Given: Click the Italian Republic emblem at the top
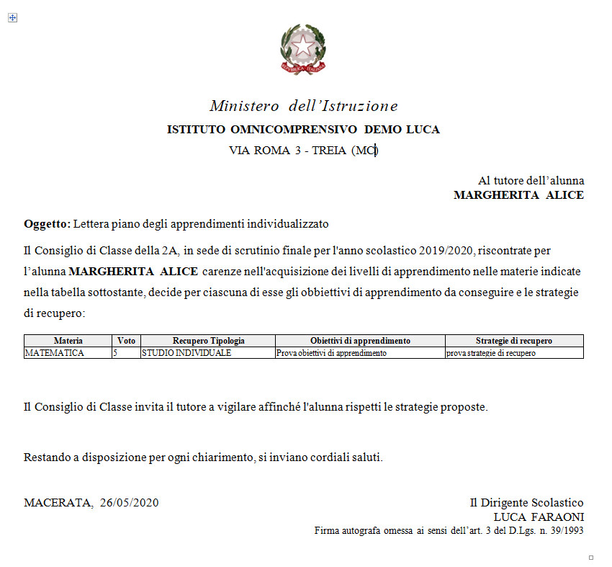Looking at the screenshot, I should pyautogui.click(x=303, y=49).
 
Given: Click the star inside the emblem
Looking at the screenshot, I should pyautogui.click(x=303, y=46).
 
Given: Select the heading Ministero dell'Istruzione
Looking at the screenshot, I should pyautogui.click(x=303, y=106).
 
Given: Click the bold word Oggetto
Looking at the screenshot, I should pyautogui.click(x=46, y=224).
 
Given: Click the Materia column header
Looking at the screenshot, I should pyautogui.click(x=68, y=341).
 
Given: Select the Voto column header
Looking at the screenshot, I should pyautogui.click(x=126, y=341).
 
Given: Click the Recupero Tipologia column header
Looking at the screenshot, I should pyautogui.click(x=208, y=341).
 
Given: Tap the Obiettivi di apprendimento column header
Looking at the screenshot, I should pyautogui.click(x=360, y=341).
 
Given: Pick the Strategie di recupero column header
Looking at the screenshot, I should pyautogui.click(x=514, y=341).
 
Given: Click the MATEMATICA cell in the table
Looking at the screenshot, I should pyautogui.click(x=55, y=353).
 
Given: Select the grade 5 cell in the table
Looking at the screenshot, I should pyautogui.click(x=115, y=353).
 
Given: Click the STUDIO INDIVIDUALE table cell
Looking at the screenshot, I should pyautogui.click(x=186, y=353).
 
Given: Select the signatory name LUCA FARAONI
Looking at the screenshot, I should pyautogui.click(x=538, y=517).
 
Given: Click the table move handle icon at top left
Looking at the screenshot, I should pyautogui.click(x=12, y=18).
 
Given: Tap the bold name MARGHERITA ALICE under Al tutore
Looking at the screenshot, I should pyautogui.click(x=518, y=195).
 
